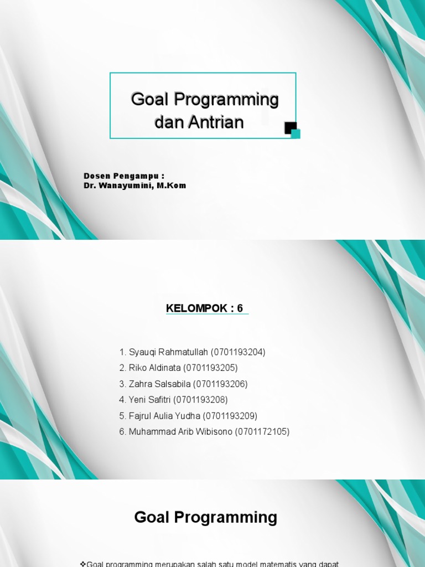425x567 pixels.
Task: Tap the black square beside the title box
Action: click(289, 127)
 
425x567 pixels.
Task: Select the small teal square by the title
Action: click(296, 133)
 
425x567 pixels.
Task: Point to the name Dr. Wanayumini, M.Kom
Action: click(135, 185)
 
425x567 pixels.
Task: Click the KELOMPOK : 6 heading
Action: click(205, 308)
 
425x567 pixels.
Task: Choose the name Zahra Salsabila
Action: click(159, 384)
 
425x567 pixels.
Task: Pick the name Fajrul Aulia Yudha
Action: click(164, 416)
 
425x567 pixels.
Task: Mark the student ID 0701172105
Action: click(263, 432)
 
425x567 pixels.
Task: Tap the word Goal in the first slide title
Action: click(151, 100)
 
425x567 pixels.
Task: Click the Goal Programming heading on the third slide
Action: click(206, 517)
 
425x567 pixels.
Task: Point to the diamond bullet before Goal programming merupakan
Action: click(83, 564)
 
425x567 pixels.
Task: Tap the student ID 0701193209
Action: click(230, 416)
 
